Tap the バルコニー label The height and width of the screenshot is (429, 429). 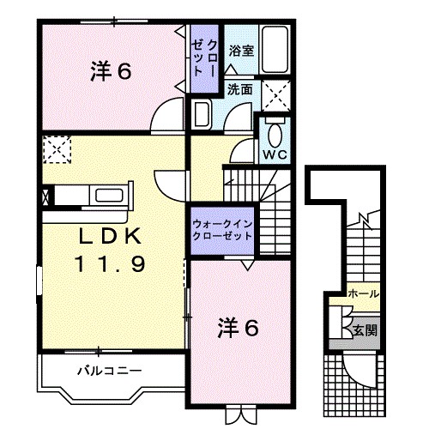tap(106, 372)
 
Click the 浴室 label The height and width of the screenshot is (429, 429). tap(241, 50)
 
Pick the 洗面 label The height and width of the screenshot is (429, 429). tap(240, 88)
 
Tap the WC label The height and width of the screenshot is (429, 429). tap(275, 154)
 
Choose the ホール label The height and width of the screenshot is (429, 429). tap(364, 293)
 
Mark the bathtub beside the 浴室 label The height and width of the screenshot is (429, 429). tap(275, 49)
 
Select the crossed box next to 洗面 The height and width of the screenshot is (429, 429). tap(275, 91)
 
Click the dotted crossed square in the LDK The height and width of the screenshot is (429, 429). tap(57, 150)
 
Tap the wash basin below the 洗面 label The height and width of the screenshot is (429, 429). tap(202, 115)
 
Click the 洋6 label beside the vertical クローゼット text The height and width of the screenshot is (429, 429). tap(112, 72)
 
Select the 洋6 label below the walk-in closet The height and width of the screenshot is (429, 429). tap(238, 327)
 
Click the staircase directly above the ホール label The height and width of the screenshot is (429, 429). tap(364, 249)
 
